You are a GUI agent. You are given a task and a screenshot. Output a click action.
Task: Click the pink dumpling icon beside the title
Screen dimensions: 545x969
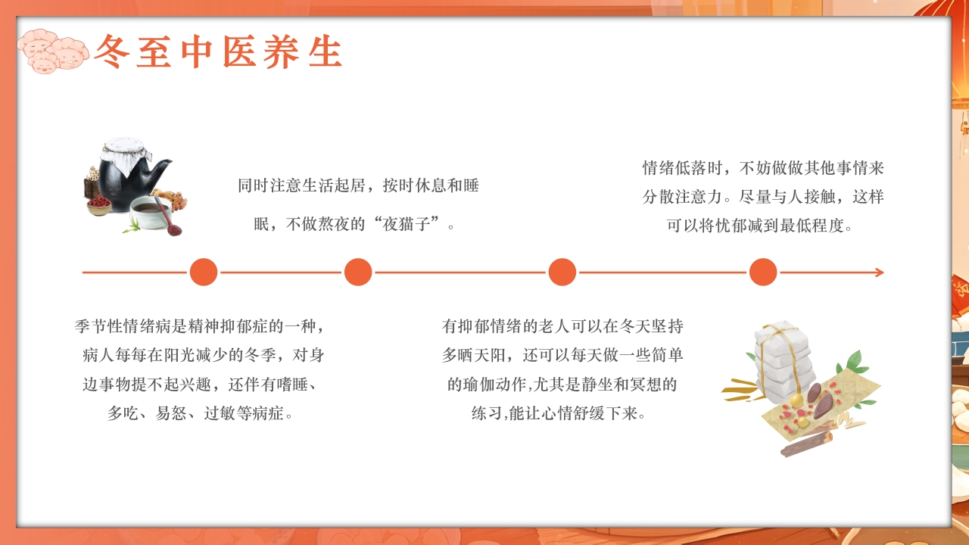tap(51, 51)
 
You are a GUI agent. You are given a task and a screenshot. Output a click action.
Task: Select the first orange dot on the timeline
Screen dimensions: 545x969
tap(204, 272)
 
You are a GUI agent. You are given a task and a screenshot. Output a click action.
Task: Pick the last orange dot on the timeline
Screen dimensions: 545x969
tap(763, 272)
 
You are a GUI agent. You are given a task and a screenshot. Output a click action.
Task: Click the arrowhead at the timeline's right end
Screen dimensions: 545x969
tap(879, 272)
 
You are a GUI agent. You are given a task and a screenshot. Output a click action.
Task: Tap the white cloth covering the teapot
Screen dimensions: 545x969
tap(123, 154)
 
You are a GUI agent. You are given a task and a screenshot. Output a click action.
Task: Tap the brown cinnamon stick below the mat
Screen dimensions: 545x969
tap(806, 443)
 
